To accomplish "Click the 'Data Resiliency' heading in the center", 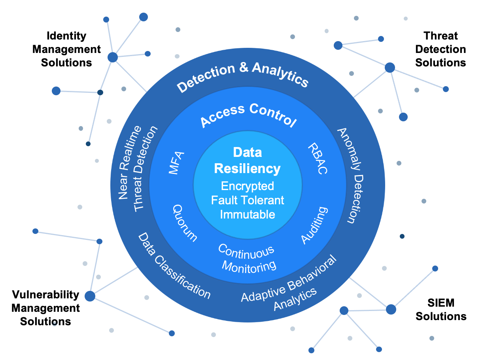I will pos(248,160).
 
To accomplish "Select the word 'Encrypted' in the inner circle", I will pos(248,186).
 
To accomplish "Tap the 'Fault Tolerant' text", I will pos(248,200).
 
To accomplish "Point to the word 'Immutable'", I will pos(248,214).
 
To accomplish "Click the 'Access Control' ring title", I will pos(248,115).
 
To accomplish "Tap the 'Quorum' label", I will pos(184,222).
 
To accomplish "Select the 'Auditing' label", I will pos(314,225).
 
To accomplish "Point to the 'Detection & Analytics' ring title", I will pos(242,76).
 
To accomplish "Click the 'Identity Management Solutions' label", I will pos(66,49).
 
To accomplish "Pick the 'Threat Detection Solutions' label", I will pos(441,49).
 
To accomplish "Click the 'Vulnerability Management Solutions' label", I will pos(45,308).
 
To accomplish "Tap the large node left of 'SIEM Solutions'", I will pos(391,309).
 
